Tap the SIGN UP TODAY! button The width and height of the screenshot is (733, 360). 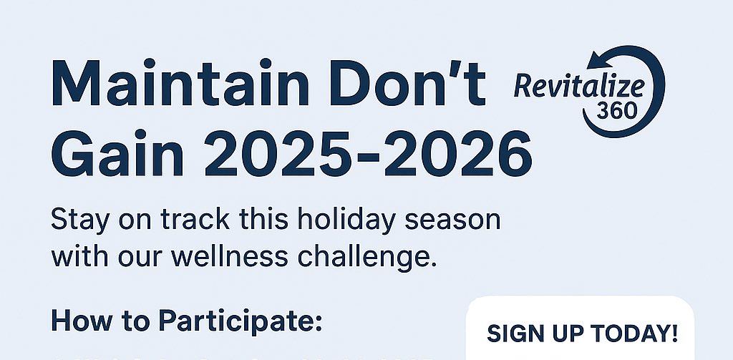(x=581, y=333)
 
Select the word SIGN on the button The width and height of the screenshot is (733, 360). (x=513, y=334)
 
